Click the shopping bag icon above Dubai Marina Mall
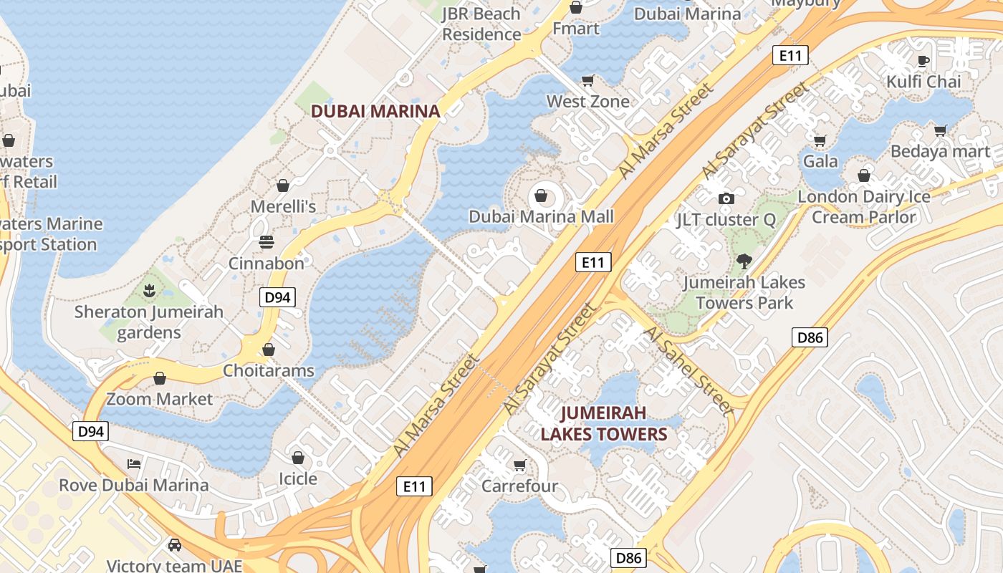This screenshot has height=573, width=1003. pyautogui.click(x=542, y=196)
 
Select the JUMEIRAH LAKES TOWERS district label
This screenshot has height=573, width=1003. pyautogui.click(x=603, y=423)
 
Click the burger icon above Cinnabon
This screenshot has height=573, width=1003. pyautogui.click(x=267, y=242)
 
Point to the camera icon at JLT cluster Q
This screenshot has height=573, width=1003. pyautogui.click(x=726, y=198)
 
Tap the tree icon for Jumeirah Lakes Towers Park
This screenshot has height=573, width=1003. pyautogui.click(x=744, y=261)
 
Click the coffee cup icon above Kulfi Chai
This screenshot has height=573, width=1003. pyautogui.click(x=923, y=61)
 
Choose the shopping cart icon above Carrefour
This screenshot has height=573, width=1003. pyautogui.click(x=520, y=466)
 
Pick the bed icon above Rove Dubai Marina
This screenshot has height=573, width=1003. pyautogui.click(x=134, y=464)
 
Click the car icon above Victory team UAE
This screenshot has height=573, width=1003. pyautogui.click(x=174, y=545)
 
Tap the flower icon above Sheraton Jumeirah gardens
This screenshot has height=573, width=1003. pyautogui.click(x=149, y=291)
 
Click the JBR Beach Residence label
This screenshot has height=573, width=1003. pyautogui.click(x=481, y=24)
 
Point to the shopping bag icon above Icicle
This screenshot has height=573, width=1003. pyautogui.click(x=298, y=457)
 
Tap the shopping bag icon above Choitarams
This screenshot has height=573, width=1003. pyautogui.click(x=269, y=350)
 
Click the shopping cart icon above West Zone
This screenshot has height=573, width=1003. pyautogui.click(x=588, y=80)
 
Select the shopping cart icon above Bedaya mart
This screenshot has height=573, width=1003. pyautogui.click(x=940, y=130)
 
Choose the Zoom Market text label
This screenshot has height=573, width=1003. pyautogui.click(x=160, y=399)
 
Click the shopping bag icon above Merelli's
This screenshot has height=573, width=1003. pyautogui.click(x=283, y=186)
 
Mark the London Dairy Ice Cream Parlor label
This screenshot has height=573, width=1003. pyautogui.click(x=864, y=206)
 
